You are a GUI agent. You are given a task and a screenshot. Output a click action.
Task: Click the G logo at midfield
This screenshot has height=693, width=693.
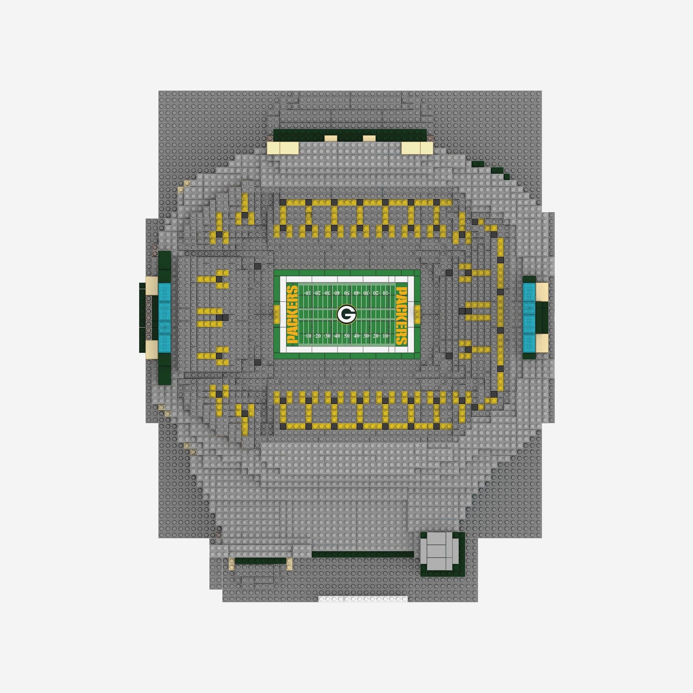pyautogui.click(x=346, y=314)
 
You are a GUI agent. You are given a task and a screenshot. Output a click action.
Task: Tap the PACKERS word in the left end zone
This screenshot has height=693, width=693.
pyautogui.click(x=292, y=315)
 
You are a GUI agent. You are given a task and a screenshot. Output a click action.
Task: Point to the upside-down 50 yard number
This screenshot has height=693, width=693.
pyautogui.click(x=346, y=293)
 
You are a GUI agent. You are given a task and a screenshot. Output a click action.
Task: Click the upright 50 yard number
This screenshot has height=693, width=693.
pyautogui.click(x=346, y=336)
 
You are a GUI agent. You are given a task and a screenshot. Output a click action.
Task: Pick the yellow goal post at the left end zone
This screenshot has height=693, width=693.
pyautogui.click(x=276, y=315)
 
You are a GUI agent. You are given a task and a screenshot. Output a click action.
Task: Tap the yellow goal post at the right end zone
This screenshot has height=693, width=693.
pyautogui.click(x=417, y=315)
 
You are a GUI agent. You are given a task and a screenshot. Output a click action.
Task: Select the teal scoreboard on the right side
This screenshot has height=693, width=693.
pyautogui.click(x=529, y=314)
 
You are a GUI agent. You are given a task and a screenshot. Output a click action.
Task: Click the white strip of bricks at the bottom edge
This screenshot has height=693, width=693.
pyautogui.click(x=363, y=599)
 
